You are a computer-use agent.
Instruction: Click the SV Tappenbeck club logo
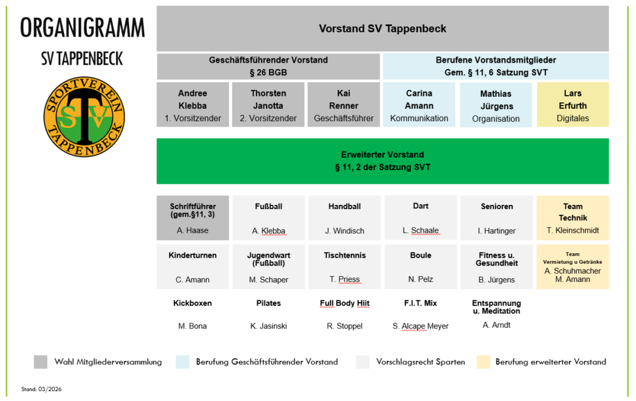click(x=84, y=116)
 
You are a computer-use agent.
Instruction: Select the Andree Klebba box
click(x=193, y=105)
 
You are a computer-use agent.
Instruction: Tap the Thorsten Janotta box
click(x=268, y=105)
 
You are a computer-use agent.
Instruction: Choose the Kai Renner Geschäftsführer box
click(x=343, y=105)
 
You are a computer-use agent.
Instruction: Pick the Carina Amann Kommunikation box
click(x=419, y=105)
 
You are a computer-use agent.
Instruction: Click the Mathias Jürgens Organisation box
click(x=496, y=105)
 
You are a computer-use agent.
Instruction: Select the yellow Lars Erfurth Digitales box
click(x=573, y=105)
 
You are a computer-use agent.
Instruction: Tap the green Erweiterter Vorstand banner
click(x=383, y=161)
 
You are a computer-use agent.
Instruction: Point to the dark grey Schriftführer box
click(x=193, y=218)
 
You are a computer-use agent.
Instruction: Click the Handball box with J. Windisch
click(x=344, y=218)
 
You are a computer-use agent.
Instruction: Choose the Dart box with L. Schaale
click(x=420, y=218)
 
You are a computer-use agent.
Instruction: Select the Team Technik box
click(x=573, y=218)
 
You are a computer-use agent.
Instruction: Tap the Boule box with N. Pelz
click(x=420, y=267)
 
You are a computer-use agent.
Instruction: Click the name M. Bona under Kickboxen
click(x=193, y=326)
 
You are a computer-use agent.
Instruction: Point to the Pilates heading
click(x=268, y=304)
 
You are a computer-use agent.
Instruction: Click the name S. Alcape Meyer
click(x=420, y=326)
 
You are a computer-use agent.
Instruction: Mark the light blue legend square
click(x=183, y=362)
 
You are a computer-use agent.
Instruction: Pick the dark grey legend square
click(x=40, y=362)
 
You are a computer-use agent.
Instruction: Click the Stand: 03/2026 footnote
click(x=41, y=389)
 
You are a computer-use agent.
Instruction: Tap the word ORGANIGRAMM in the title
click(x=83, y=29)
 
